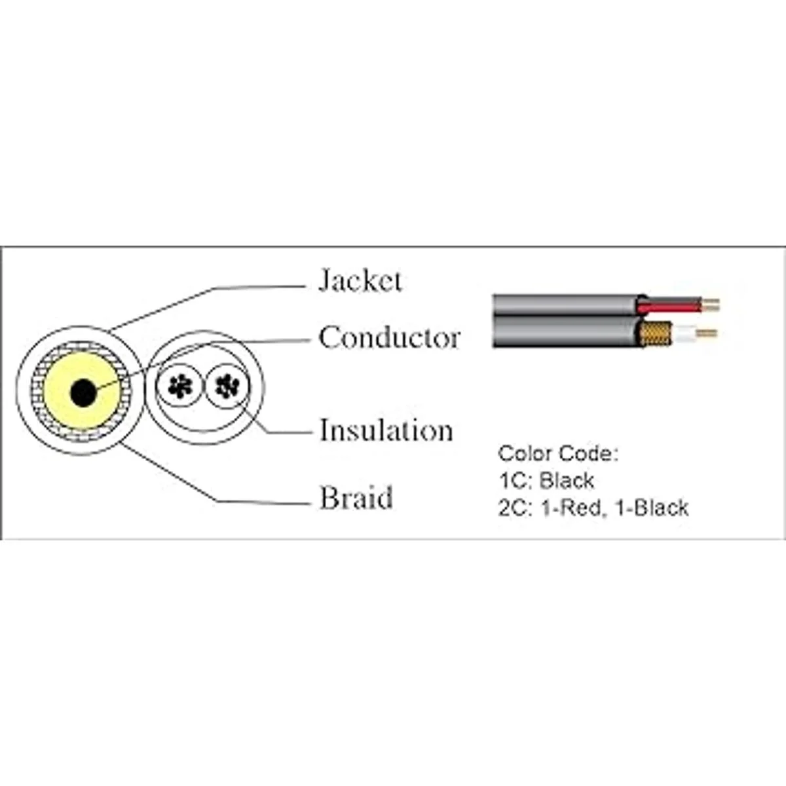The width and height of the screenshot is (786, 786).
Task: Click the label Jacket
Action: point(360,280)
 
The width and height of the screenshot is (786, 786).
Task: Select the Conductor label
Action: point(390,338)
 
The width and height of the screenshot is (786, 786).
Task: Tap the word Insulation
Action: point(386,430)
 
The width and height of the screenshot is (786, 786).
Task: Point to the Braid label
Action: point(356,497)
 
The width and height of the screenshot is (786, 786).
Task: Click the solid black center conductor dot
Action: point(83,392)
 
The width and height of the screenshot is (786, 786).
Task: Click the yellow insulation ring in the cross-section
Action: point(57,392)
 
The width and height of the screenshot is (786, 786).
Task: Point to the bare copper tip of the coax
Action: point(707,333)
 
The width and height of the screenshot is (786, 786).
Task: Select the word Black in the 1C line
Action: point(567,481)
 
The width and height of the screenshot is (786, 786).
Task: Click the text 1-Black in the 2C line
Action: point(652,508)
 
